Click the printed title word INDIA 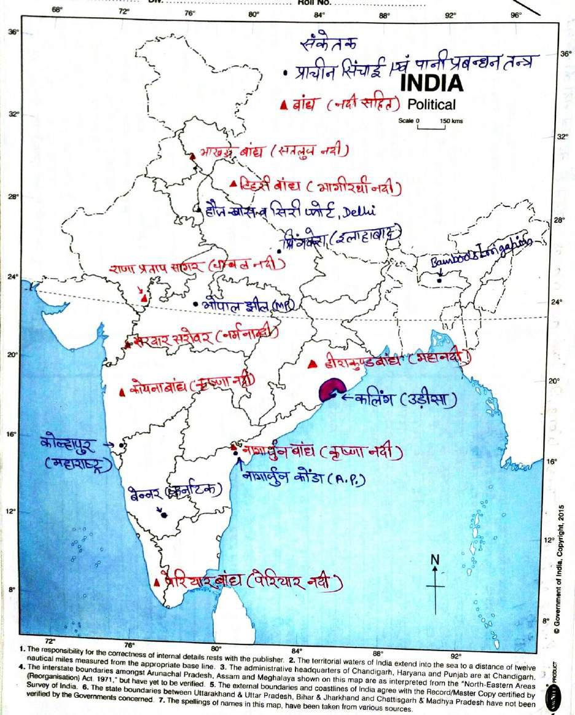pos(432,82)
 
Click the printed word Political pos(431,104)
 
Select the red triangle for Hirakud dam pos(312,364)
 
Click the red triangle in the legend pos(284,105)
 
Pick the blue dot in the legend pos(286,72)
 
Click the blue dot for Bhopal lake pos(195,304)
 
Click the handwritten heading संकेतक pos(330,44)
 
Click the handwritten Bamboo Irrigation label pos(480,255)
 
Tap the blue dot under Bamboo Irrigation pos(440,281)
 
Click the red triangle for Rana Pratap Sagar pos(144,299)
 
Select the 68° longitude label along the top pos(57,10)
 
